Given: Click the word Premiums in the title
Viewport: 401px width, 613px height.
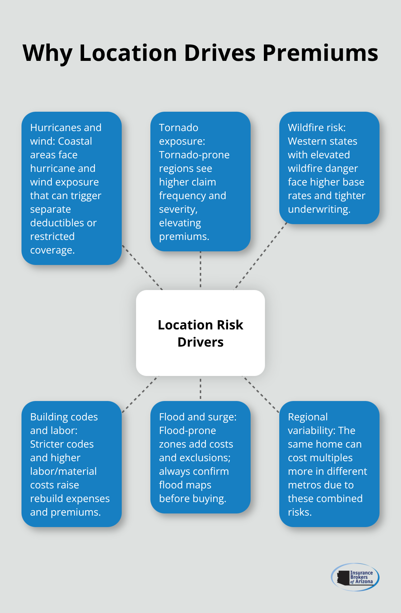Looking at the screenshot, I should [x=320, y=53].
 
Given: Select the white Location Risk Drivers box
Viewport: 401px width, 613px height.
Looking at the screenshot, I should [x=200, y=333].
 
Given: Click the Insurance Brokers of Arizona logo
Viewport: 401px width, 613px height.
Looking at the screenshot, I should [x=355, y=577].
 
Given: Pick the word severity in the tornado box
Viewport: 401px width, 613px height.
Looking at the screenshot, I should [x=178, y=209].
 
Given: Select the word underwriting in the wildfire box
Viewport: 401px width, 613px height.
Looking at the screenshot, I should [x=319, y=209].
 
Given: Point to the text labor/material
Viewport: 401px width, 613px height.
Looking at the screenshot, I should [x=63, y=471].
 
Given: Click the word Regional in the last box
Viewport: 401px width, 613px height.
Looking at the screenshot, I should [x=308, y=417].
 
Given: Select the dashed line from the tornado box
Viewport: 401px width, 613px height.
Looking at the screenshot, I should [x=200, y=270].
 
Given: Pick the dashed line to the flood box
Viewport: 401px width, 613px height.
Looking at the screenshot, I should [x=200, y=388].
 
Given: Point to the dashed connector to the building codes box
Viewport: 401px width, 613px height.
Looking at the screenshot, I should [x=140, y=394].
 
